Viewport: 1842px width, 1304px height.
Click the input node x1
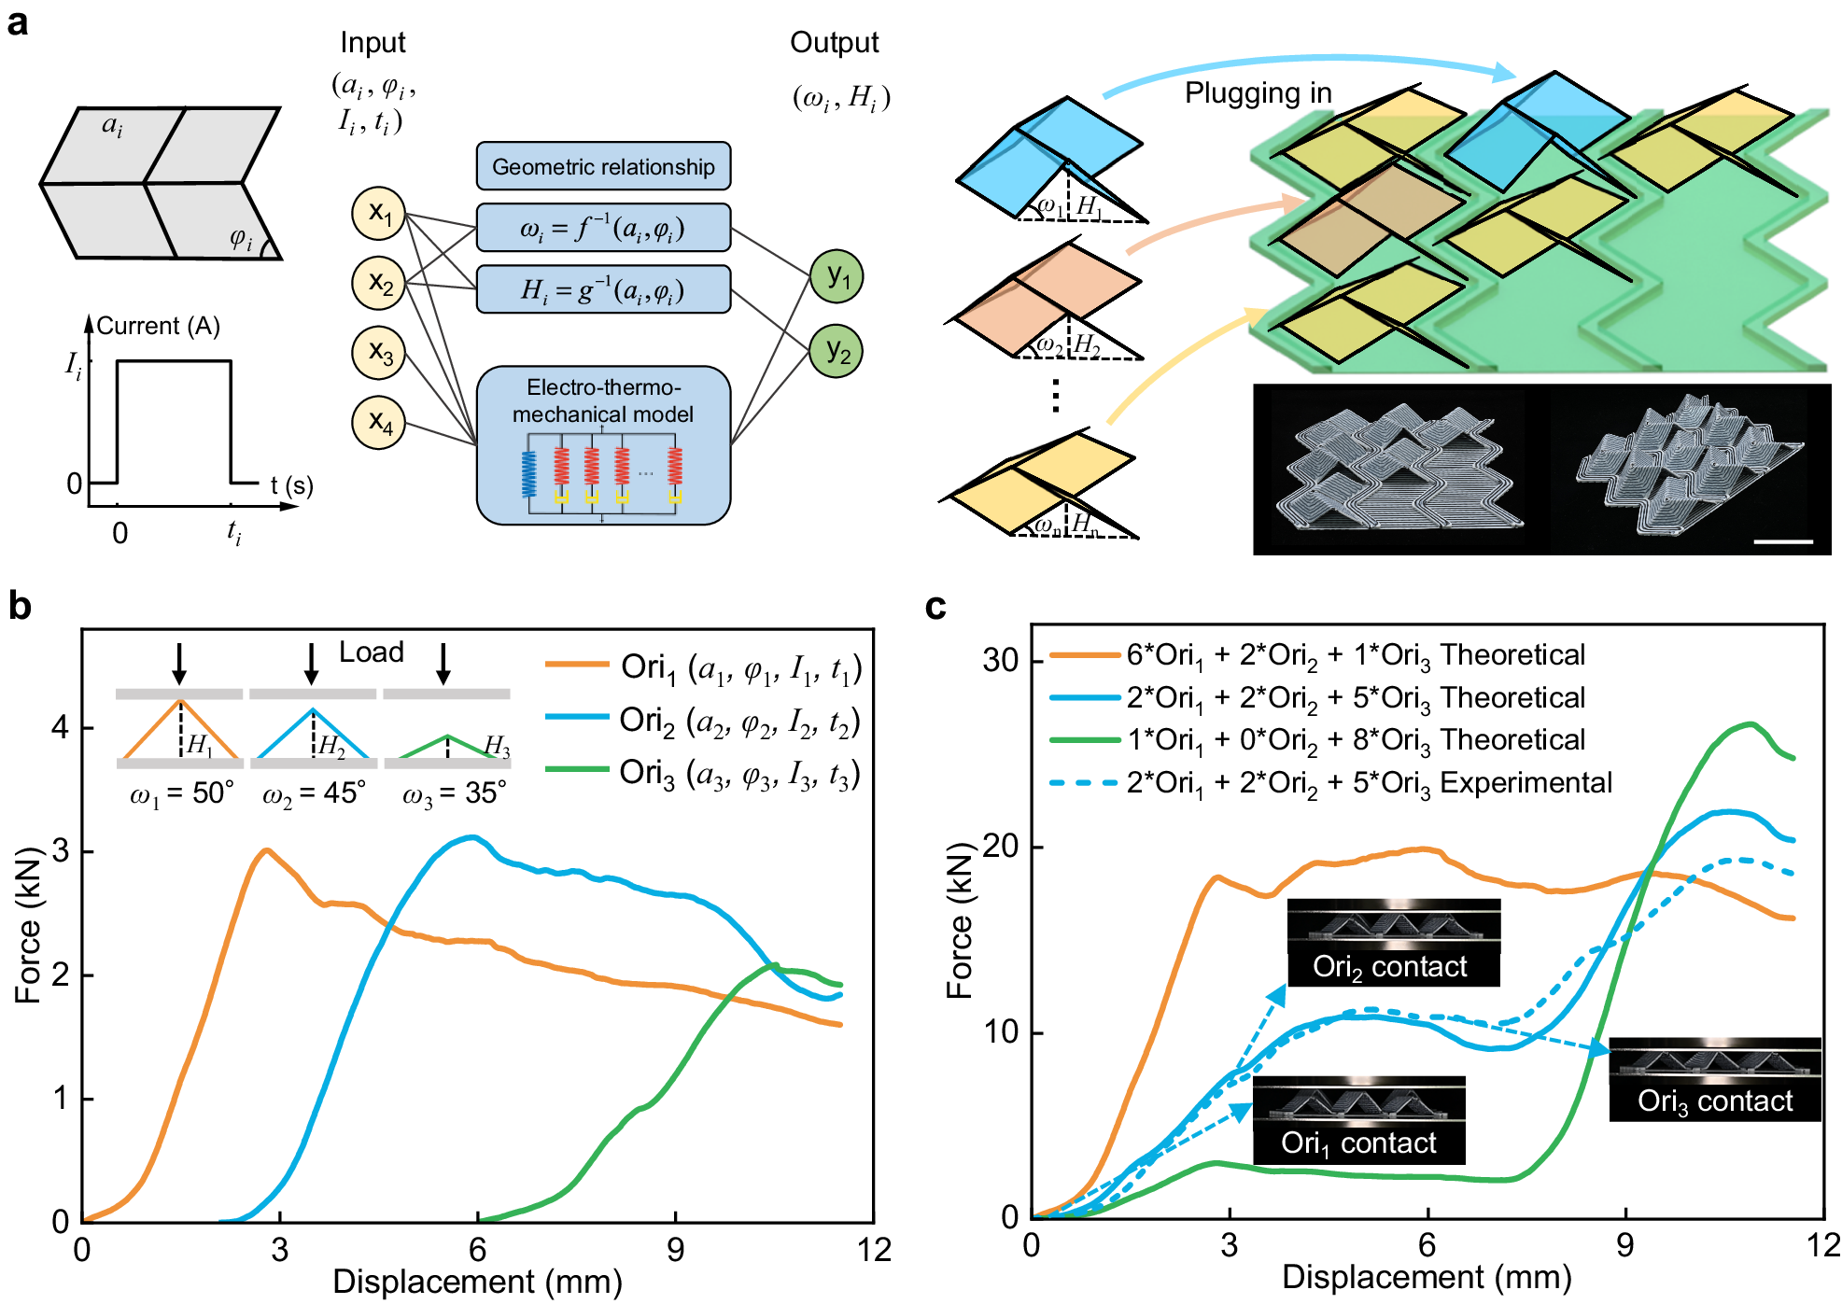[x=378, y=213]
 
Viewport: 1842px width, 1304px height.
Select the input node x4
[x=378, y=422]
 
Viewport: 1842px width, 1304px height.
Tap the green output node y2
[x=837, y=352]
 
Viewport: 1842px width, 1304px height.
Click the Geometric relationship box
[x=603, y=166]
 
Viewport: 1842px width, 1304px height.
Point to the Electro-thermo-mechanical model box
[x=603, y=445]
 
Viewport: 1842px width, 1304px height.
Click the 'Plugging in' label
[x=1258, y=93]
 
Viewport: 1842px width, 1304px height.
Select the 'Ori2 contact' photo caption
[x=1390, y=967]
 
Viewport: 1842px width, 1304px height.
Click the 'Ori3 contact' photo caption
[x=1715, y=1101]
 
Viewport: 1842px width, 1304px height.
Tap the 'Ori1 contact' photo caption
[x=1358, y=1143]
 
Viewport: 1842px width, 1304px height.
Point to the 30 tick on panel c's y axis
[x=1000, y=660]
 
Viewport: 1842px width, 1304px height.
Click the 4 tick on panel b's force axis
[x=61, y=727]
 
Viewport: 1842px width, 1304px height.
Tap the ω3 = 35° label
[x=455, y=793]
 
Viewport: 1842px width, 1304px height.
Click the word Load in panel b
[x=371, y=652]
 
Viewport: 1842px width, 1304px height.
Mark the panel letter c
[x=935, y=607]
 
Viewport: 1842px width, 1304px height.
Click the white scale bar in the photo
[x=1782, y=541]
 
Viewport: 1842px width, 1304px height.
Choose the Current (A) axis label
[x=158, y=326]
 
